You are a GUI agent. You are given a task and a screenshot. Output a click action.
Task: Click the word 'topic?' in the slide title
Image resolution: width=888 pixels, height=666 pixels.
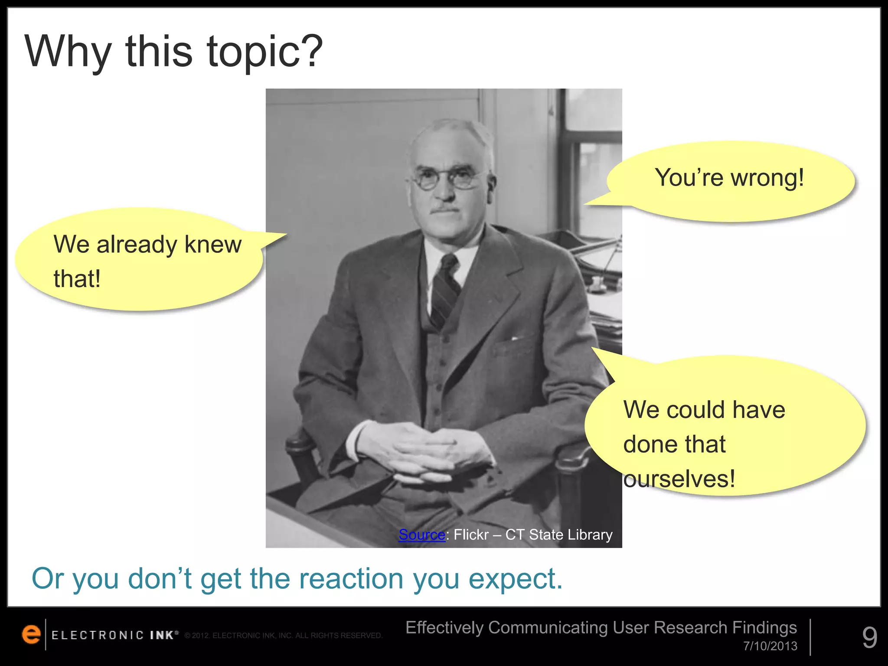(264, 52)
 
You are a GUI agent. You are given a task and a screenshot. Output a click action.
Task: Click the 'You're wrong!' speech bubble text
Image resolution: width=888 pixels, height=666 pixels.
(729, 178)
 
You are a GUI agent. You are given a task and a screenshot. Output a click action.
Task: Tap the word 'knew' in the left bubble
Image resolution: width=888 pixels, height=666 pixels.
(213, 245)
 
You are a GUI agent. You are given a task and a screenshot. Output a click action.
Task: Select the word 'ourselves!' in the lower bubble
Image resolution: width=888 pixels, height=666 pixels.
(679, 479)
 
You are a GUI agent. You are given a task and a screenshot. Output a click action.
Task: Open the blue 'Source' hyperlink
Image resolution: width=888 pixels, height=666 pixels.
(421, 535)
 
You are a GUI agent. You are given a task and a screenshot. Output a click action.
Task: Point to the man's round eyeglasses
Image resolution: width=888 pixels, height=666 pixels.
(447, 179)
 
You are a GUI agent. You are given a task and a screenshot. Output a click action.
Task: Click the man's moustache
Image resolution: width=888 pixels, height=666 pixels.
(444, 210)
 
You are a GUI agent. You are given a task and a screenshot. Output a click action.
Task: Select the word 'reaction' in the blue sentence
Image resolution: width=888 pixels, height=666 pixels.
(351, 579)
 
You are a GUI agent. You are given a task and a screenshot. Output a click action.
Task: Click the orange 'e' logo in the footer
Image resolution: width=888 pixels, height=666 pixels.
(31, 634)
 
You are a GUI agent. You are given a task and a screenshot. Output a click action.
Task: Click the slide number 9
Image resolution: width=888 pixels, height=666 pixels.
(869, 637)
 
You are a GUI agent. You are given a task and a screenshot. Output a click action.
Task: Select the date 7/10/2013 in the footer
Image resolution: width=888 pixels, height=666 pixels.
(770, 646)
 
